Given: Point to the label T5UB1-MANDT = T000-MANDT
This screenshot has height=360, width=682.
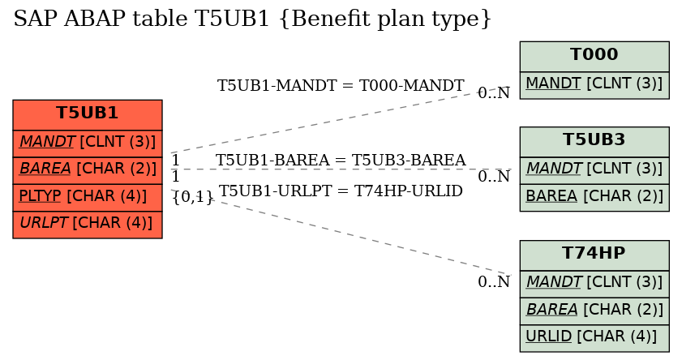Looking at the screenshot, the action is (341, 86).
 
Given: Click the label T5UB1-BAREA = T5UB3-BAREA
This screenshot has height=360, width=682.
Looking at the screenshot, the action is (341, 160).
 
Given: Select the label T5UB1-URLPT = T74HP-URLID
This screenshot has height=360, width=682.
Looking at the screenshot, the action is (341, 191).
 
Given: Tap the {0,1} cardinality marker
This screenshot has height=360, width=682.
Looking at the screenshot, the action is (193, 197).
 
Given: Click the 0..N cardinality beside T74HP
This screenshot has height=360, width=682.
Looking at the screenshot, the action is (494, 281).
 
